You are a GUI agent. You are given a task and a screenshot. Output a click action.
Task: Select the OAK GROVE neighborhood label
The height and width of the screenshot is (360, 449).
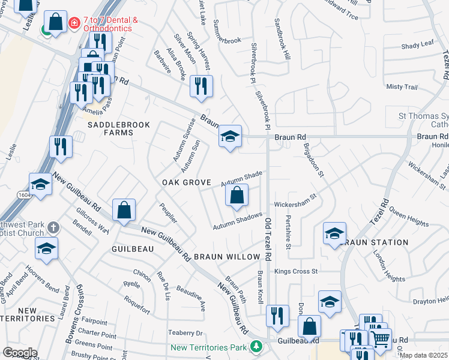(x=185, y=182)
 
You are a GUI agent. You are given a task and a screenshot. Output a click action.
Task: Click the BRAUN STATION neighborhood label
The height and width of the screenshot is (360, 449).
(x=375, y=242)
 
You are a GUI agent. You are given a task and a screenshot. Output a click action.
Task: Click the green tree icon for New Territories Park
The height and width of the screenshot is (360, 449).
(x=256, y=347)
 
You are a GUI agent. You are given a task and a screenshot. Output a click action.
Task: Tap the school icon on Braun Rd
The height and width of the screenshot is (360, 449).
(x=230, y=137)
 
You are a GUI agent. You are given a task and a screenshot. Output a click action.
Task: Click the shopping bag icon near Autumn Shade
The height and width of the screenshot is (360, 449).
(x=237, y=195)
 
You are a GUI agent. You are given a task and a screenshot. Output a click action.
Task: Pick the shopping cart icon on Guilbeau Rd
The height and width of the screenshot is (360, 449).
(x=379, y=339)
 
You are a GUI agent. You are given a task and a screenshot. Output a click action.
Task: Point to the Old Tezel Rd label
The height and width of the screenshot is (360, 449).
(x=268, y=239)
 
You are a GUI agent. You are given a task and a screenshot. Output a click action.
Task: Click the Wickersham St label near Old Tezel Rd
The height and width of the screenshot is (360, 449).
(x=295, y=200)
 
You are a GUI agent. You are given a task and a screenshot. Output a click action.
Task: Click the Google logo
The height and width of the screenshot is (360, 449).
(x=20, y=353)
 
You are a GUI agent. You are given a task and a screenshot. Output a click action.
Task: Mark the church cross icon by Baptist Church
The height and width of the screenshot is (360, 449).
(x=53, y=227)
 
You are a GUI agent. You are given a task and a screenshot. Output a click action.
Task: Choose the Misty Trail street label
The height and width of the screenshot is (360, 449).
(x=402, y=87)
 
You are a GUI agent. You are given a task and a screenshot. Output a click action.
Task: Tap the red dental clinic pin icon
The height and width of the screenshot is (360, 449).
(x=74, y=23)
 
